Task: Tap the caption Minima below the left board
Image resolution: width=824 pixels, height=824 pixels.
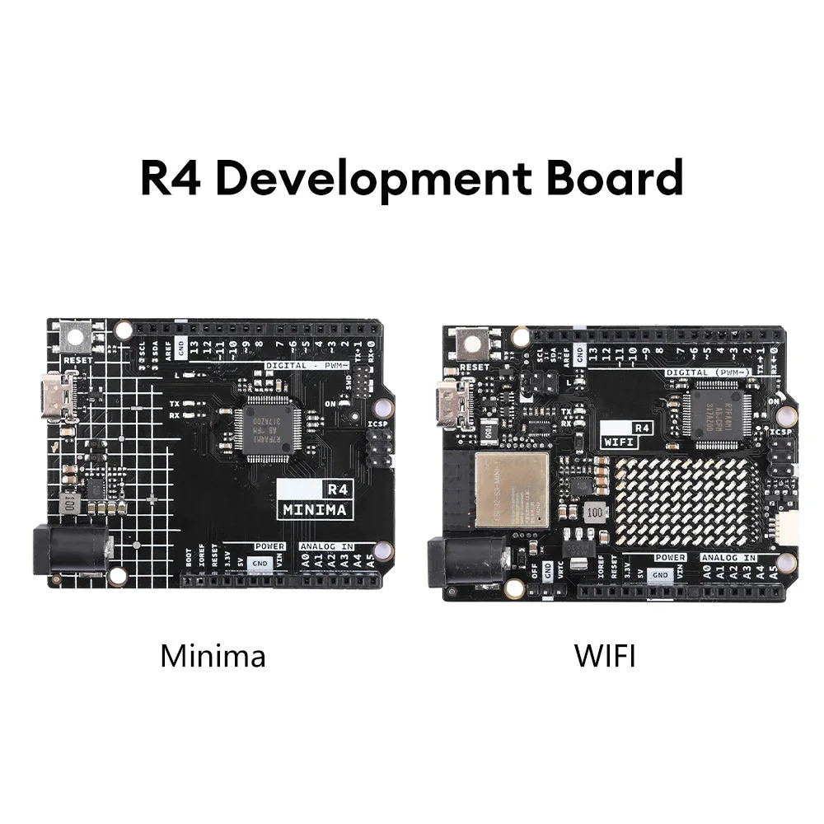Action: (x=213, y=656)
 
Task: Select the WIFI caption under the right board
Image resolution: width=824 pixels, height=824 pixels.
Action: (x=606, y=656)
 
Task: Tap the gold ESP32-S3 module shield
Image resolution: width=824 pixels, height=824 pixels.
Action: (x=512, y=489)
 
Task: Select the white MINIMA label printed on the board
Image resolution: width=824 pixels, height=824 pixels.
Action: (x=315, y=509)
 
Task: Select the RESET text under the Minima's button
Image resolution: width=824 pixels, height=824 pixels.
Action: (x=78, y=360)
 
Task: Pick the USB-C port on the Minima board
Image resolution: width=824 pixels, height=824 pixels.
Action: (x=59, y=396)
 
